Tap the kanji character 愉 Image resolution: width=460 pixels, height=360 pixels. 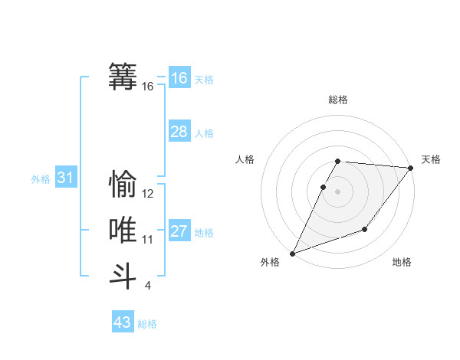(x=123, y=185)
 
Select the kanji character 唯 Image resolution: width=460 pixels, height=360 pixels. (x=123, y=230)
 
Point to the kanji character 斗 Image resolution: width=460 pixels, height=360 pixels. (x=123, y=276)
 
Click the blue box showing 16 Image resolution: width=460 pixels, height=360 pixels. (x=179, y=78)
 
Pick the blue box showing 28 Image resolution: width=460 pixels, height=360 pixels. (x=179, y=132)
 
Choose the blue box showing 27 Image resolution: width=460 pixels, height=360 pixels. (x=179, y=231)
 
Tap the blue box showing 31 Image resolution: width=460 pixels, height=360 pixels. (x=65, y=178)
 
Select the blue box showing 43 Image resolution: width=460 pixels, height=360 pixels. (x=123, y=322)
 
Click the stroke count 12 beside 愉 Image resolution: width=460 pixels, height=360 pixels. (x=148, y=194)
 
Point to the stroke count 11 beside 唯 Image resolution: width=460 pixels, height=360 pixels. (x=148, y=240)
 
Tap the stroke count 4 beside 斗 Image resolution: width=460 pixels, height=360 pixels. (x=148, y=286)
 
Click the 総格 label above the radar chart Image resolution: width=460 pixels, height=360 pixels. (x=338, y=100)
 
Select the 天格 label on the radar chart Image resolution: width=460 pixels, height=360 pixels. (x=431, y=159)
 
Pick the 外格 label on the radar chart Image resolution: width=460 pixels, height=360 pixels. (x=270, y=262)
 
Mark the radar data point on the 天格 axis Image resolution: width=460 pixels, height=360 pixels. (x=412, y=168)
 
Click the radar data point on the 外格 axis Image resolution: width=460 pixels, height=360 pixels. (x=292, y=254)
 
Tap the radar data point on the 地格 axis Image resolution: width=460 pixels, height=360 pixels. (x=365, y=229)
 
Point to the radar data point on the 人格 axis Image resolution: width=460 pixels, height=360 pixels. (x=324, y=187)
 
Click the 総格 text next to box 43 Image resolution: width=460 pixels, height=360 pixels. (x=147, y=324)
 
